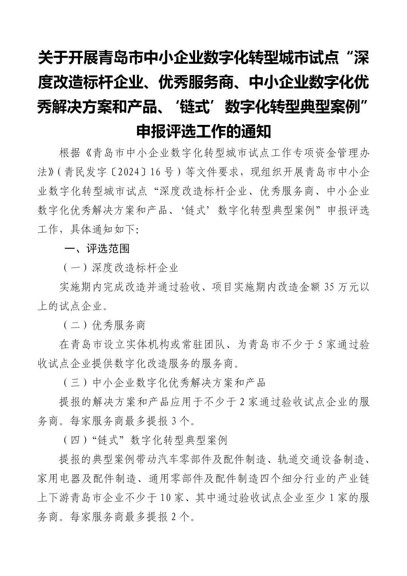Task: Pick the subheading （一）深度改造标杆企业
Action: (x=120, y=268)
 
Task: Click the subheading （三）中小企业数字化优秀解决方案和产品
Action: (x=164, y=382)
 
